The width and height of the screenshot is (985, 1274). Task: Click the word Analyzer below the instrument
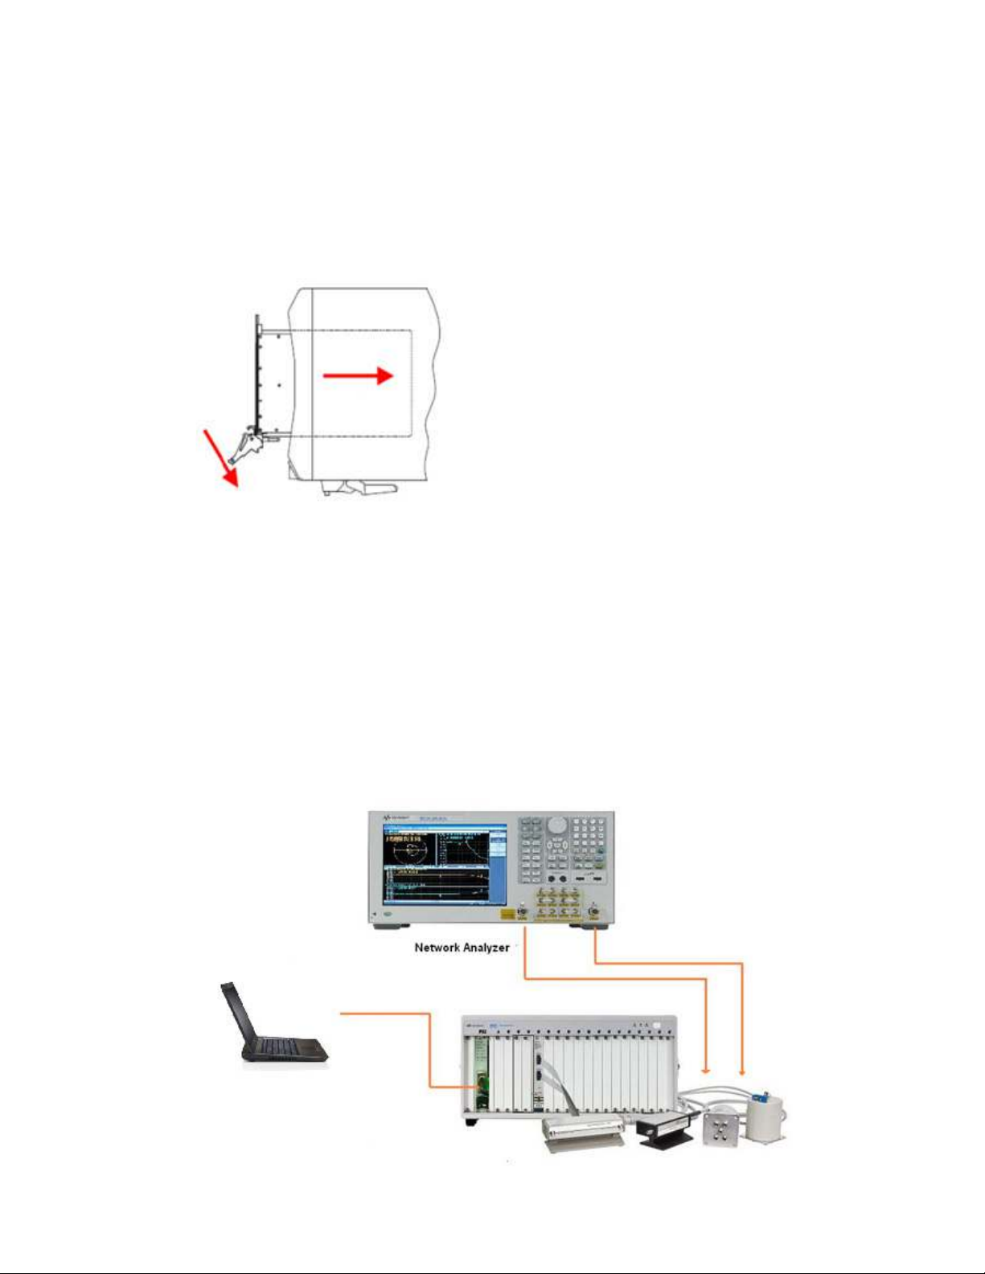[486, 948]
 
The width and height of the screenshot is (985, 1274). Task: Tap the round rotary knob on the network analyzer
[556, 825]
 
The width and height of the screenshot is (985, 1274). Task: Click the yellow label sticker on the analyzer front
[507, 914]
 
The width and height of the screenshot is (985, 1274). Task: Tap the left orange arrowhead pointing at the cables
[706, 1070]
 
